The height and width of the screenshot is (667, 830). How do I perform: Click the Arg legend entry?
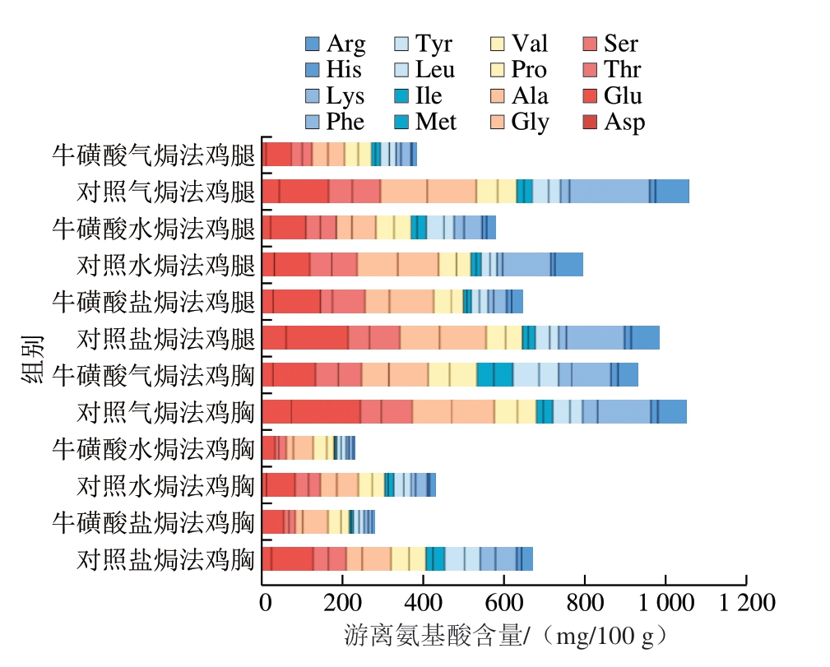tap(335, 44)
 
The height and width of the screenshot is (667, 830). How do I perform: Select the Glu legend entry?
tap(612, 96)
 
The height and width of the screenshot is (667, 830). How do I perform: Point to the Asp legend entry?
tap(614, 123)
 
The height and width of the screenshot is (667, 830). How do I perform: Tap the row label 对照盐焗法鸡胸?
tap(165, 559)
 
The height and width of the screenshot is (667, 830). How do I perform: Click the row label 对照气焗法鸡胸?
tap(165, 412)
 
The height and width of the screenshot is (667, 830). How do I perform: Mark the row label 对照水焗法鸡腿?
tap(165, 266)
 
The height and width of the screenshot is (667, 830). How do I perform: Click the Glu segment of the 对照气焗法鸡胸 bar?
tap(326, 411)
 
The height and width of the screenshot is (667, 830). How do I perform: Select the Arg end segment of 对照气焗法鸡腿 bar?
tap(672, 191)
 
